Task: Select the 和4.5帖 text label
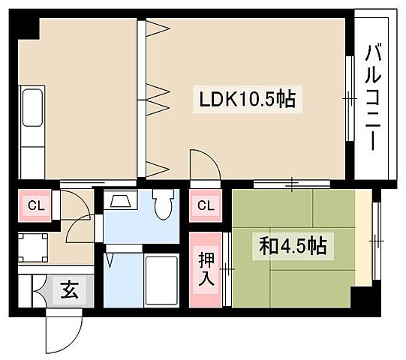[293, 245]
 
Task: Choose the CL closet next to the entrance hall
[34, 205]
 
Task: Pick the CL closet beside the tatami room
[206, 205]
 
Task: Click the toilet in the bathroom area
[163, 203]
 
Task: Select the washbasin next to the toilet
[120, 201]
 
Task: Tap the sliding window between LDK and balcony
[350, 97]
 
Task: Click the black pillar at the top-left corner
[26, 25]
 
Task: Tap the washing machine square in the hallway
[33, 244]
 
